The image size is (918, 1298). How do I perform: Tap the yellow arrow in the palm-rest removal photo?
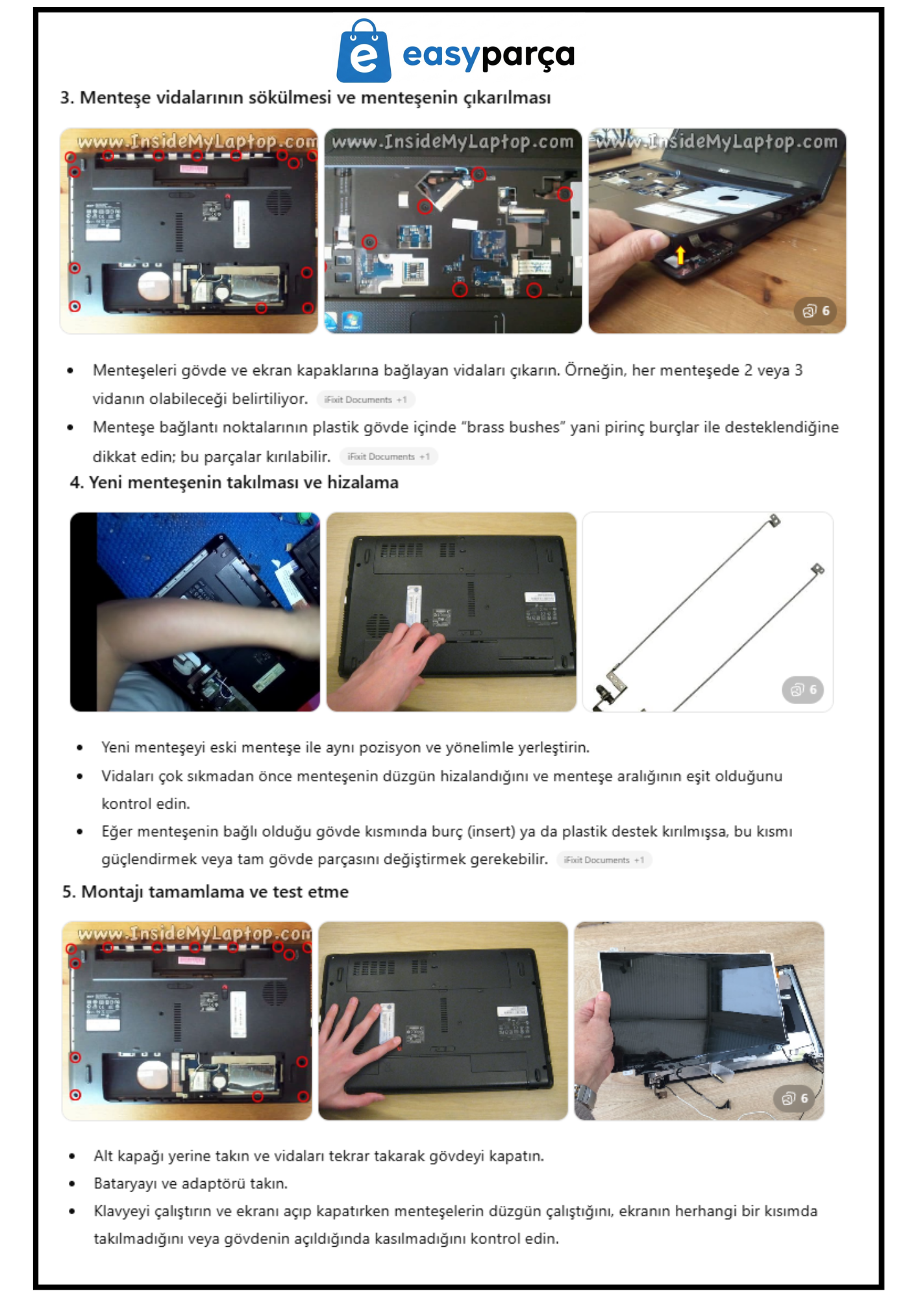coord(680,255)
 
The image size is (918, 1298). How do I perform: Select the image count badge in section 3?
coord(815,311)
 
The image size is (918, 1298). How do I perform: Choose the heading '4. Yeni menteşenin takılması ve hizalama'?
coord(234,482)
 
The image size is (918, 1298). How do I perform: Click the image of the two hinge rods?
coord(708,611)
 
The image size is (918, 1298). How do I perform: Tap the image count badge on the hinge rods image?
coord(803,689)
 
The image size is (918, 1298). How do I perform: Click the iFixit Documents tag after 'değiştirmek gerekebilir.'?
coord(604,860)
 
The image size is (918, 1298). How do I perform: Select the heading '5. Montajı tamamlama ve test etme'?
coord(205,892)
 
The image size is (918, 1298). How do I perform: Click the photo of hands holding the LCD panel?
coord(699,1020)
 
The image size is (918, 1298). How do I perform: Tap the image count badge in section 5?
coord(795,1098)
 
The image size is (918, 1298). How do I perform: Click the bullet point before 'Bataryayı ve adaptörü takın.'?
coord(72,1184)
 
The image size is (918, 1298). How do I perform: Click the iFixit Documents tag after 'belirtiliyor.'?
coord(366,400)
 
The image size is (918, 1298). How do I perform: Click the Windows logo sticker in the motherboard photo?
coord(352,320)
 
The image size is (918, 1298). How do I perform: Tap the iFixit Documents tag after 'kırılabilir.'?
coord(389,457)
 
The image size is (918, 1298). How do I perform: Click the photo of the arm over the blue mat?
coord(195,611)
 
